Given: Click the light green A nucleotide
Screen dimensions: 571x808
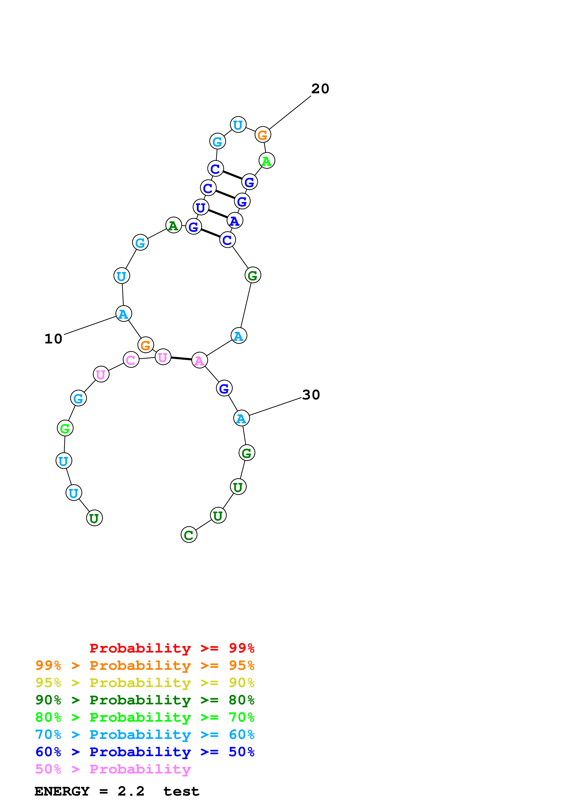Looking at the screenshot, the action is pyautogui.click(x=267, y=161).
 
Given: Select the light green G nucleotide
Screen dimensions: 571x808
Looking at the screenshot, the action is pyautogui.click(x=65, y=428).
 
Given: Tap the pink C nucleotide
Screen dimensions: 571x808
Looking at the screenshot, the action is pyautogui.click(x=131, y=360).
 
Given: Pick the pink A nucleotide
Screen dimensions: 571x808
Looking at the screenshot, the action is pyautogui.click(x=199, y=360).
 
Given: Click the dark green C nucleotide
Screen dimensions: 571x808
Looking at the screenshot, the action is pyautogui.click(x=189, y=535).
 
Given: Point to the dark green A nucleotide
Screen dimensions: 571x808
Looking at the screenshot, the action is pyautogui.click(x=173, y=225).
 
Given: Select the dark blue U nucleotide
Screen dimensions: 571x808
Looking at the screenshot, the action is pyautogui.click(x=201, y=207).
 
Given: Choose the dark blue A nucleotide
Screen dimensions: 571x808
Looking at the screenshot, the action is pyautogui.click(x=235, y=221).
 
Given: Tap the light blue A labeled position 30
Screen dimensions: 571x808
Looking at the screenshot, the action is pyautogui.click(x=241, y=419).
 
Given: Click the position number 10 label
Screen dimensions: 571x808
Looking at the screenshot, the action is pyautogui.click(x=53, y=339).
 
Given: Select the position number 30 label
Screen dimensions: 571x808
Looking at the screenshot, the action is pyautogui.click(x=311, y=395).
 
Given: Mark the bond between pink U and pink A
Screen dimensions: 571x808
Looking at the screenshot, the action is pyautogui.click(x=181, y=359).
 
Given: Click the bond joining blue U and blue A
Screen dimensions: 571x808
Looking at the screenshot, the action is pyautogui.click(x=218, y=214).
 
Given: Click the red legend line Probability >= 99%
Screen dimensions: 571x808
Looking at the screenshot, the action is pyautogui.click(x=172, y=648).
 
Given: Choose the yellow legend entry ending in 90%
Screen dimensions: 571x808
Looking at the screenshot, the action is pyautogui.click(x=145, y=683).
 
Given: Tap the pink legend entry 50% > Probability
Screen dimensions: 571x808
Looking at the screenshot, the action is pyautogui.click(x=113, y=769).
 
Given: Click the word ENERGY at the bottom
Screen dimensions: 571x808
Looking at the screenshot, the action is pyautogui.click(x=62, y=791).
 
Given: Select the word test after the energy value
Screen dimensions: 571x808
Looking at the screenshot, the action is pyautogui.click(x=181, y=791).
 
